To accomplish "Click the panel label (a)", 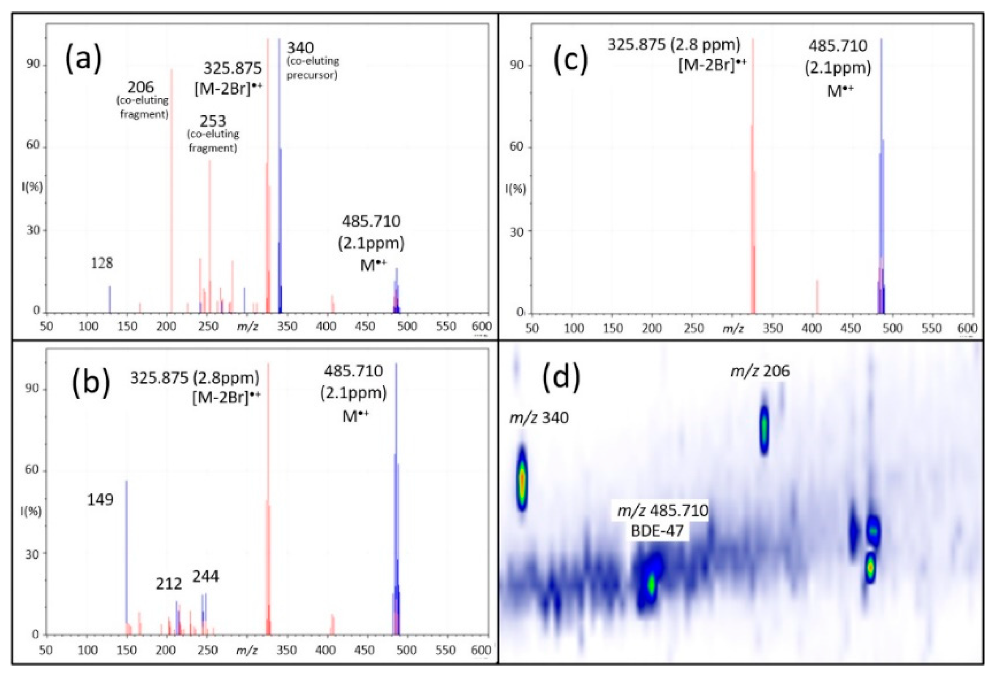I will (83, 60).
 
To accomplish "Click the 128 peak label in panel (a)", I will (102, 263).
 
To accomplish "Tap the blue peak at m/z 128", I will (109, 299).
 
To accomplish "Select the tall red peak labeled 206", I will (172, 193).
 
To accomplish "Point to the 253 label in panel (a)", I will (213, 121).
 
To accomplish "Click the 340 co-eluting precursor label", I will (300, 48).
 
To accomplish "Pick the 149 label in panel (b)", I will (100, 500).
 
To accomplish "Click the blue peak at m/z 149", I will (126, 557).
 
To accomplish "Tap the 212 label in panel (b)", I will (169, 584).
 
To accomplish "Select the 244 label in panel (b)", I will (205, 576).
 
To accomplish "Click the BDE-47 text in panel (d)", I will (657, 531).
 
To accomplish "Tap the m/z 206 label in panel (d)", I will (760, 371).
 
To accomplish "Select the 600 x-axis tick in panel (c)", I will (967, 329).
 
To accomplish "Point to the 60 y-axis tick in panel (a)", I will (33, 145).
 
